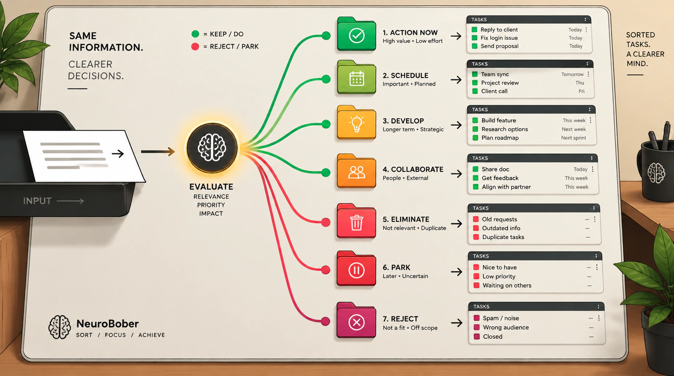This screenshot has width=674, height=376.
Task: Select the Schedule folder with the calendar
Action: (x=357, y=77)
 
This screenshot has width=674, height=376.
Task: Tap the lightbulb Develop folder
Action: (x=357, y=123)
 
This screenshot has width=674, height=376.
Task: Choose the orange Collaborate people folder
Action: (x=357, y=171)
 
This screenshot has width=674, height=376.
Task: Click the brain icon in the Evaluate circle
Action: (x=212, y=147)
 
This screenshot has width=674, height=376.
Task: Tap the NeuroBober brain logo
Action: (x=60, y=327)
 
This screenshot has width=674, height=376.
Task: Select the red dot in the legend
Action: (x=195, y=47)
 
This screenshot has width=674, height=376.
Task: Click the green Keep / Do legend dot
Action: (x=195, y=34)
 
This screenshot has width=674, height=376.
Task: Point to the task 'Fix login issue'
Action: (x=499, y=38)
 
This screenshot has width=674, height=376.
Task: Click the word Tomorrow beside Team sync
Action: (x=572, y=74)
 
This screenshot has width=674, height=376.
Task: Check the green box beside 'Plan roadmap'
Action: (x=476, y=138)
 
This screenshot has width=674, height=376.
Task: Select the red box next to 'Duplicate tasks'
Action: (x=476, y=237)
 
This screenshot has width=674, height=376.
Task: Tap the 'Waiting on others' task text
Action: (x=507, y=285)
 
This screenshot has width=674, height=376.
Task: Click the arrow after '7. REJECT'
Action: (x=457, y=323)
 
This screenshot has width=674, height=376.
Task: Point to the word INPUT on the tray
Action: (x=37, y=201)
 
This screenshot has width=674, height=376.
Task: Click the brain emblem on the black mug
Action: (x=656, y=173)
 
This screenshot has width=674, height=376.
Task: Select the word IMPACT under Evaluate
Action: (x=211, y=213)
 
